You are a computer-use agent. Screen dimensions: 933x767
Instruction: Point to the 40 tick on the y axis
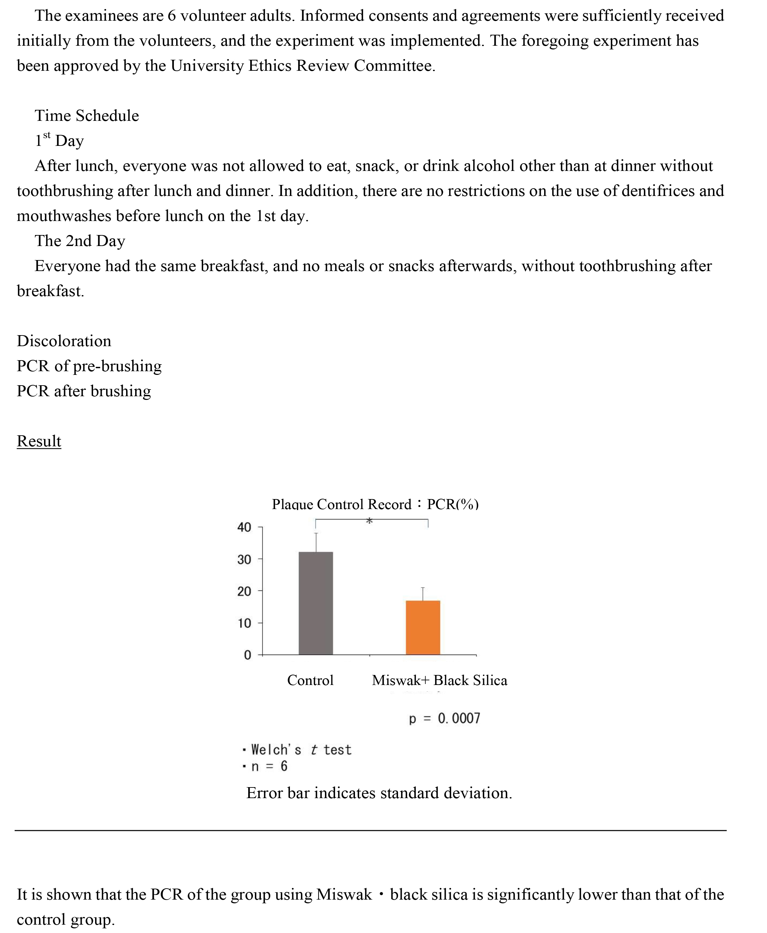244,527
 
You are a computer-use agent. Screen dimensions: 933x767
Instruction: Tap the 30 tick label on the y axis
244,559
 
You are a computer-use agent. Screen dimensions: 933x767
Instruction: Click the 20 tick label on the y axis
244,592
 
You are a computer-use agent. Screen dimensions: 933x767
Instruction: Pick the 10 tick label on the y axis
244,623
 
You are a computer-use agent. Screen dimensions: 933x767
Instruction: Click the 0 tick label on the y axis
248,655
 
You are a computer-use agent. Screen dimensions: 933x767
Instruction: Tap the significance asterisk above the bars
369,521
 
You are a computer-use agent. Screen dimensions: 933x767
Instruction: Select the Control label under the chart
310,680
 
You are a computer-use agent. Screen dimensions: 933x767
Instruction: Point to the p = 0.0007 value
444,719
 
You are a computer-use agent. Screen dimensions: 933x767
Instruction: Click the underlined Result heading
39,441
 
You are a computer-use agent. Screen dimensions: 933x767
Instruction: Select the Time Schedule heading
87,116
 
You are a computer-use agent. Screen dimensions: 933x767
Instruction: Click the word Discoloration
64,341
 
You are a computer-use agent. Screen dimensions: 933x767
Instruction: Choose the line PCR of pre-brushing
89,366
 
